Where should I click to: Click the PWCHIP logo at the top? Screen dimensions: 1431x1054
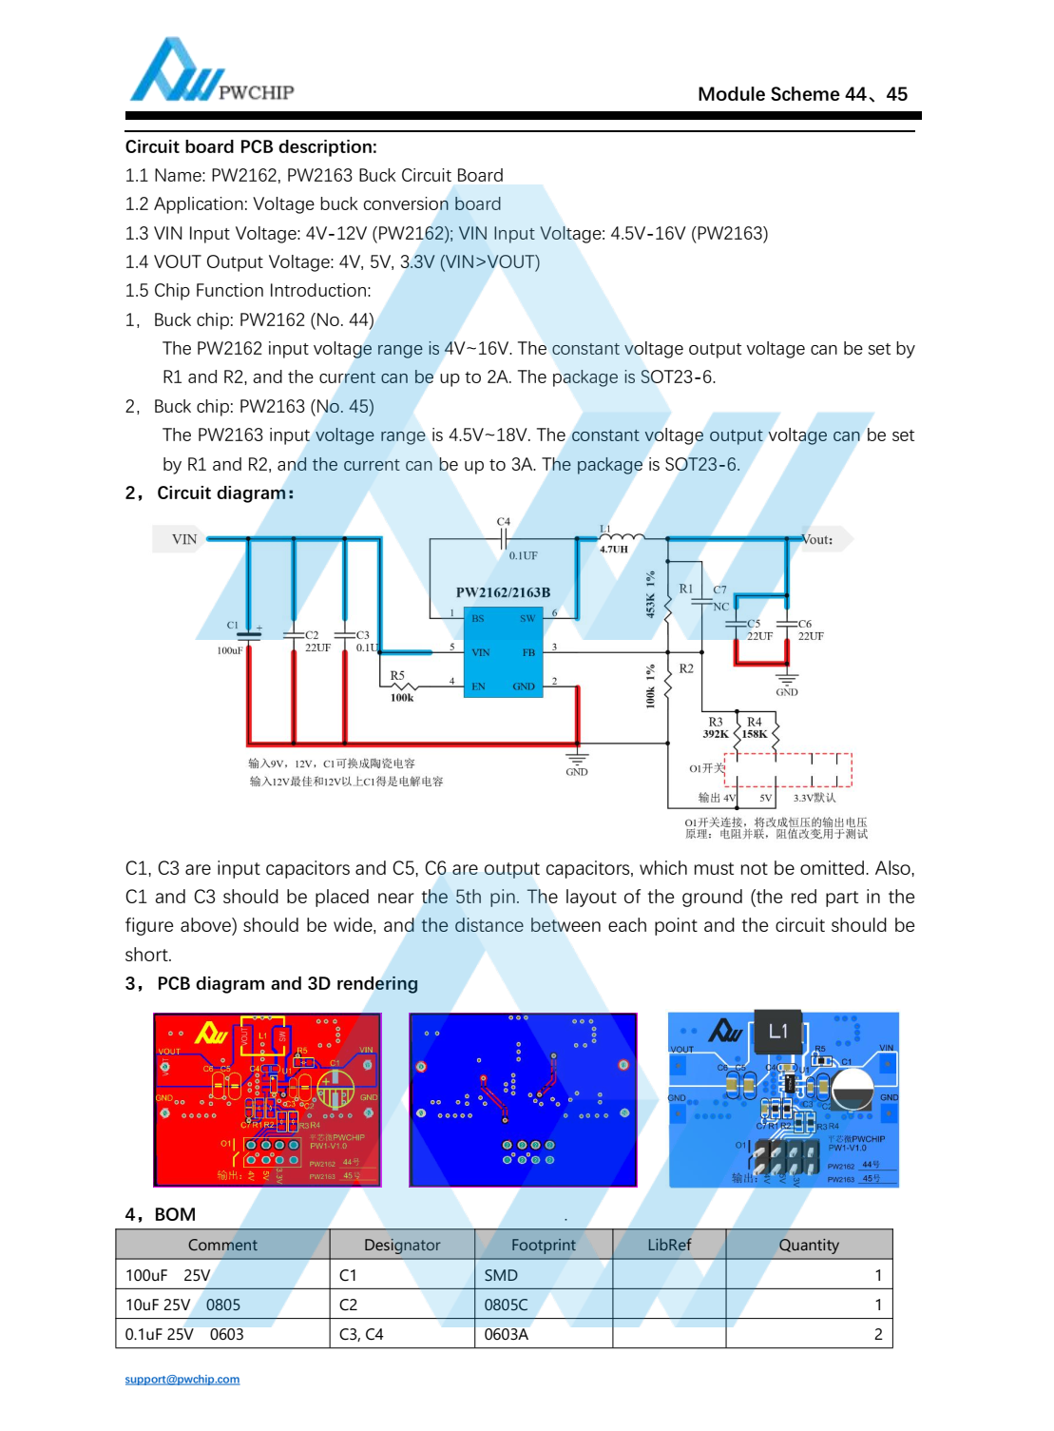(211, 72)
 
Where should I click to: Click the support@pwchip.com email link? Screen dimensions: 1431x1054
(182, 1379)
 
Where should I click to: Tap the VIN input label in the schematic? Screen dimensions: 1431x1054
(183, 539)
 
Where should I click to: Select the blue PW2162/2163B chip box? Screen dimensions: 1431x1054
(503, 651)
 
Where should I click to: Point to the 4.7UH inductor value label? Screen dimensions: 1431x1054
(614, 549)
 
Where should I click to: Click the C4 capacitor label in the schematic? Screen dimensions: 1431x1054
(504, 522)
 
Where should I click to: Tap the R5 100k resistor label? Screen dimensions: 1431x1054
(400, 686)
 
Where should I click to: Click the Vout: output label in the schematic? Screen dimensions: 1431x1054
(817, 539)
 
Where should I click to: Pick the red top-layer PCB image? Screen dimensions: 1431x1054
(267, 1099)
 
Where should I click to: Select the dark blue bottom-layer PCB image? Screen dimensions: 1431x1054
(523, 1099)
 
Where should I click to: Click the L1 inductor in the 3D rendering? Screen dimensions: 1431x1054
(778, 1032)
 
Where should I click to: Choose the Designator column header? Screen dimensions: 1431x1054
(402, 1245)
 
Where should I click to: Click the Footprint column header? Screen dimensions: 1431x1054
(543, 1245)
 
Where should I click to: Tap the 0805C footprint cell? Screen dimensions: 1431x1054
(506, 1305)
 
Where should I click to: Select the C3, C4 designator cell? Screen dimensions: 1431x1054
(361, 1334)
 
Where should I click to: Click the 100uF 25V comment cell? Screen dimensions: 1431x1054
(168, 1275)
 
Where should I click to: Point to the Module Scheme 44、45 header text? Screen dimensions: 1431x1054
(802, 94)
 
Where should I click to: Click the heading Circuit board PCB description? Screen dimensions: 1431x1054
(251, 147)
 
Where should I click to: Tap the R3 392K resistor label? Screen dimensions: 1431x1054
(716, 728)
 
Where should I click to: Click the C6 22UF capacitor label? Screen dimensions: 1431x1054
(810, 630)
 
